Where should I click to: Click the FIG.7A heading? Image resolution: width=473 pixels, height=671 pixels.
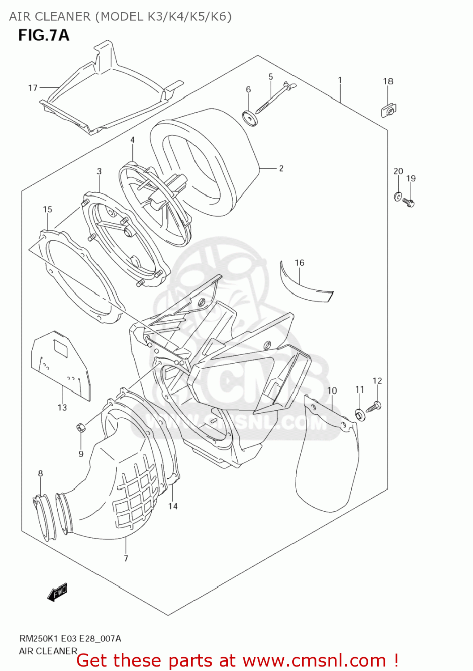(x=43, y=35)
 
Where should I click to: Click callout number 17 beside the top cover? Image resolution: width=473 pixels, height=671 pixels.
(x=33, y=88)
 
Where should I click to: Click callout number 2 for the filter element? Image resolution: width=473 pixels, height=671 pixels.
(x=281, y=168)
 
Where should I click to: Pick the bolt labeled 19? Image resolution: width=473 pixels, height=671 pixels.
(x=409, y=203)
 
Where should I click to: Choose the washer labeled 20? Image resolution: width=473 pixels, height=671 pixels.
(x=397, y=196)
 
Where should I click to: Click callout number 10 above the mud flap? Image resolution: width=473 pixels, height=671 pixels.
(x=332, y=391)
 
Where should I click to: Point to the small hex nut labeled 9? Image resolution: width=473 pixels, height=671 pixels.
(x=81, y=427)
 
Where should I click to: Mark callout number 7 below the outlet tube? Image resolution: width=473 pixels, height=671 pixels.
(x=126, y=558)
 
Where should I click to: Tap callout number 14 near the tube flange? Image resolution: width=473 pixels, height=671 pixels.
(x=173, y=506)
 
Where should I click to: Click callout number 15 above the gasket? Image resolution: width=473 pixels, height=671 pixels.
(x=47, y=209)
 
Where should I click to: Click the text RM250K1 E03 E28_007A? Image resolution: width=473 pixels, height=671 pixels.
(x=70, y=638)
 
